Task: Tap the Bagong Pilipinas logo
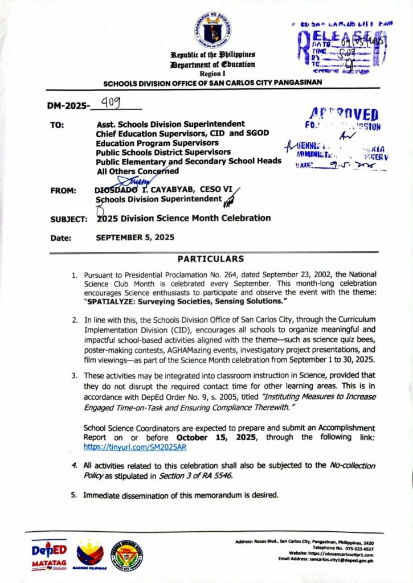tap(90, 555)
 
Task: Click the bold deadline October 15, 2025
tap(214, 438)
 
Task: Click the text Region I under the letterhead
tap(207, 74)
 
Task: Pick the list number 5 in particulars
tap(74, 495)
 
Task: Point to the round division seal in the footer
tap(126, 555)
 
